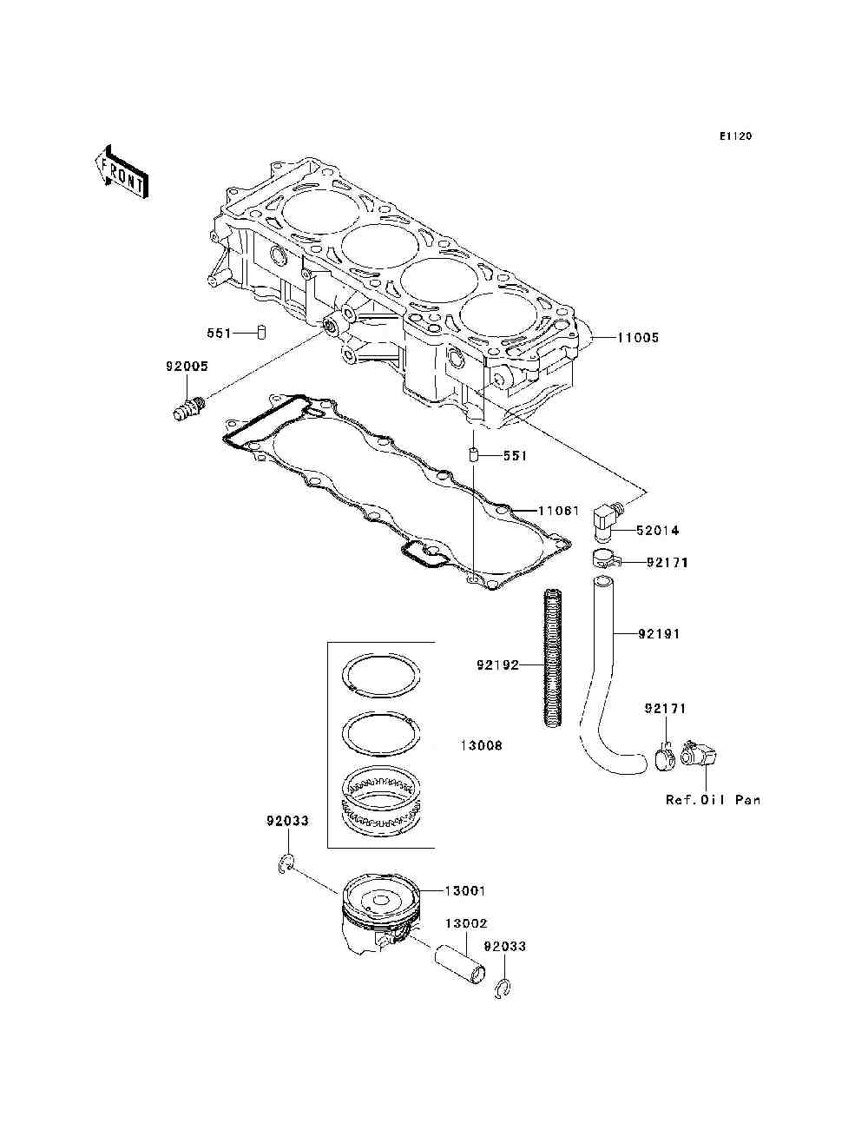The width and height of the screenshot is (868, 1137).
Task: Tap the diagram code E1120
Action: [x=734, y=136]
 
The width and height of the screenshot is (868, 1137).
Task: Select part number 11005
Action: [x=638, y=338]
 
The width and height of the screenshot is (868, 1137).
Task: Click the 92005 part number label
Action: [x=187, y=367]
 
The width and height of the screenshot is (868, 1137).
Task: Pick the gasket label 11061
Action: [x=558, y=511]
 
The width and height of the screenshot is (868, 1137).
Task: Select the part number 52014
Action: [x=657, y=531]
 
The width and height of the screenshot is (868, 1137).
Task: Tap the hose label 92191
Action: [x=660, y=634]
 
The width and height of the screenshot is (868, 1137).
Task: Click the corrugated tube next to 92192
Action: [x=552, y=659]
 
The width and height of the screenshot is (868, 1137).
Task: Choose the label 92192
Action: [x=497, y=665]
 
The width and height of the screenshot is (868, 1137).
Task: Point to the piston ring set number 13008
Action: [x=481, y=746]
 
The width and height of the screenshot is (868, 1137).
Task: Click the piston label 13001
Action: [x=465, y=891]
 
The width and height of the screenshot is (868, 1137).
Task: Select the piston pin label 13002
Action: [x=466, y=924]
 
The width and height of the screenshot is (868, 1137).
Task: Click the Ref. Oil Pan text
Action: [x=713, y=800]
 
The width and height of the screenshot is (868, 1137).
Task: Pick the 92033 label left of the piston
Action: [x=287, y=821]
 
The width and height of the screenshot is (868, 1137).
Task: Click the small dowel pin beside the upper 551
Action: [x=260, y=333]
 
